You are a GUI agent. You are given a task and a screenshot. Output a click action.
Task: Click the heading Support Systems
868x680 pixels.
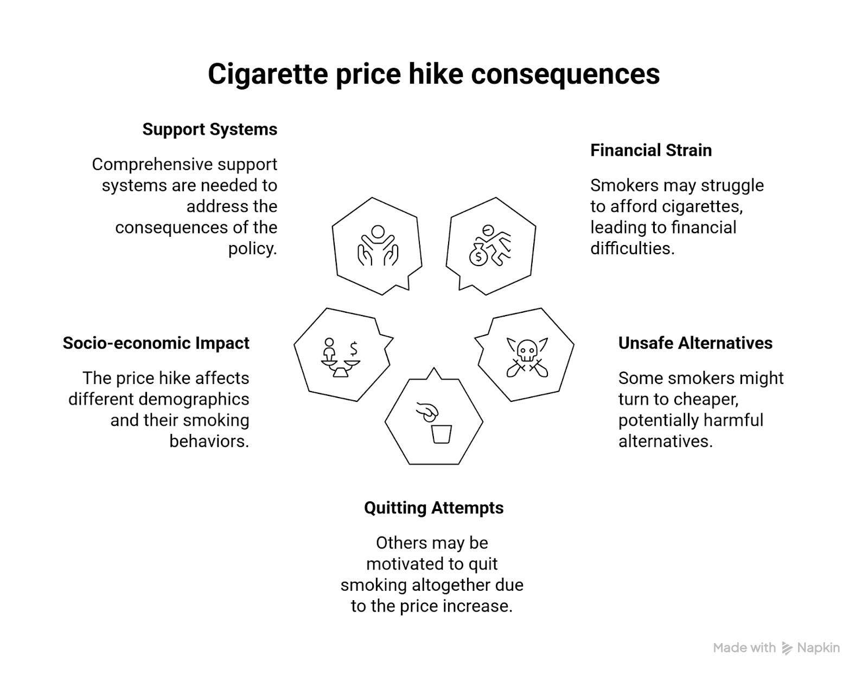[x=209, y=129]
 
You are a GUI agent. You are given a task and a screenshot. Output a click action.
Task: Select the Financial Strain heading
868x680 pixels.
[x=650, y=150]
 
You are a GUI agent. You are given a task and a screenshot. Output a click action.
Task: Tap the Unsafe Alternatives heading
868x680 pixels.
[x=695, y=343]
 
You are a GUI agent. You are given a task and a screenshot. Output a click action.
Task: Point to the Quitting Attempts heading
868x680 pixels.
[x=433, y=507]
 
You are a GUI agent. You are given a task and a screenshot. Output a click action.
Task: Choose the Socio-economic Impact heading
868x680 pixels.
[x=156, y=343]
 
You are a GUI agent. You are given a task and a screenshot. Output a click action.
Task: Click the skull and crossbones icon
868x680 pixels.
[x=527, y=357]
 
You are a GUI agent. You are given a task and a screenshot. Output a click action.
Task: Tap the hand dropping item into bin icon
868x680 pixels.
[x=435, y=422]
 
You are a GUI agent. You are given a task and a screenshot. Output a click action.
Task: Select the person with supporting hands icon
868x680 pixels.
[x=378, y=246]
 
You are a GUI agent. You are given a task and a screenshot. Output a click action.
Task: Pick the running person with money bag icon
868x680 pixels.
[x=490, y=245]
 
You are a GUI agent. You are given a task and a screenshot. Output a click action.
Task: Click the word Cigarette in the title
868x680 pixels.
[x=268, y=74]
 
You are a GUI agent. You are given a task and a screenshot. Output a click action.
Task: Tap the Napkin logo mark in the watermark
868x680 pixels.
[x=787, y=648]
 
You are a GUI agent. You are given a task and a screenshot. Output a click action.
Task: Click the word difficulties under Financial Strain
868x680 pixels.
[x=632, y=248]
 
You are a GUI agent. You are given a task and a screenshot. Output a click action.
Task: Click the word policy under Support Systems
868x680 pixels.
[x=252, y=248]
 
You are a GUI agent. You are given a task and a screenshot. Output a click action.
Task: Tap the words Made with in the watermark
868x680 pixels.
[x=744, y=647]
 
